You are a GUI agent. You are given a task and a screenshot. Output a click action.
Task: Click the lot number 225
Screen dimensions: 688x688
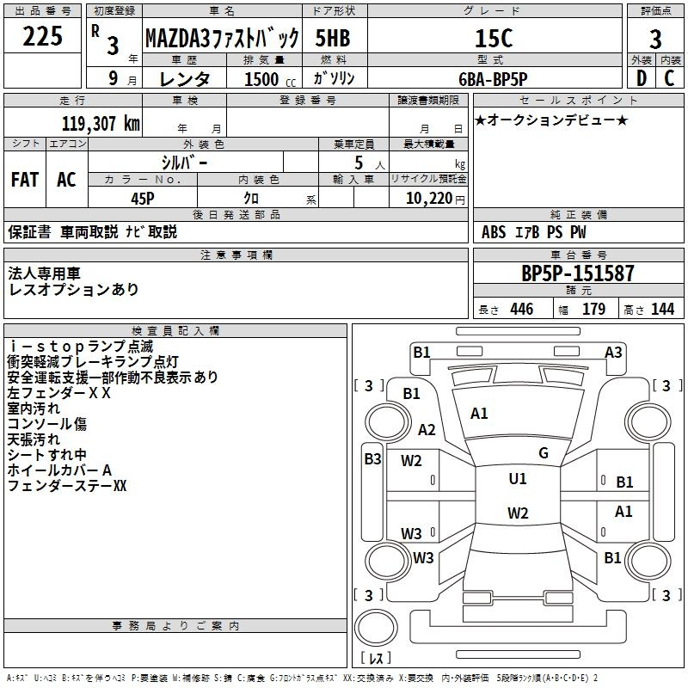(x=42, y=37)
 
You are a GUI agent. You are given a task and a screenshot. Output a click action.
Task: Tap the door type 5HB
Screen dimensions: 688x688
(x=333, y=38)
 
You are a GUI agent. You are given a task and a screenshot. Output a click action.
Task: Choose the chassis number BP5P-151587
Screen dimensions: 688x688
(x=578, y=273)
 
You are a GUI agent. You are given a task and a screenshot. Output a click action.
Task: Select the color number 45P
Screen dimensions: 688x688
(x=143, y=197)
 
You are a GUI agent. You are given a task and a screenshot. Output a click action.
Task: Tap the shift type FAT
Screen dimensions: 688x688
(x=24, y=180)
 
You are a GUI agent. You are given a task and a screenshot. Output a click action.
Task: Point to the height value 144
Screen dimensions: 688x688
(x=662, y=310)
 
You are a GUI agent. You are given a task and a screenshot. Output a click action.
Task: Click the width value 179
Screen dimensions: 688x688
(x=593, y=310)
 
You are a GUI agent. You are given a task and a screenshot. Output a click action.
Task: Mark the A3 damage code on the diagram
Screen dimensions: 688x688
(x=613, y=352)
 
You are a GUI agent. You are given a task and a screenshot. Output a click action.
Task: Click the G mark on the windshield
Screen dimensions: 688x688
(x=544, y=452)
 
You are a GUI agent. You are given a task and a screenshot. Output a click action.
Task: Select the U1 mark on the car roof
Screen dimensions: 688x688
(x=518, y=479)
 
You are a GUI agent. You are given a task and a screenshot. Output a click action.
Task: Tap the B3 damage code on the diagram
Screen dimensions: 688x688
(x=372, y=459)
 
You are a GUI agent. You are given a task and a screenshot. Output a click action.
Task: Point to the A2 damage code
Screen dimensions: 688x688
(x=427, y=430)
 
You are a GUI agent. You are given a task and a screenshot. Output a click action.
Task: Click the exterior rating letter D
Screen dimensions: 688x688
(x=641, y=77)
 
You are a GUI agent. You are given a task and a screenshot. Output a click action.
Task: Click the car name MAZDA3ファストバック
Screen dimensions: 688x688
(x=222, y=39)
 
